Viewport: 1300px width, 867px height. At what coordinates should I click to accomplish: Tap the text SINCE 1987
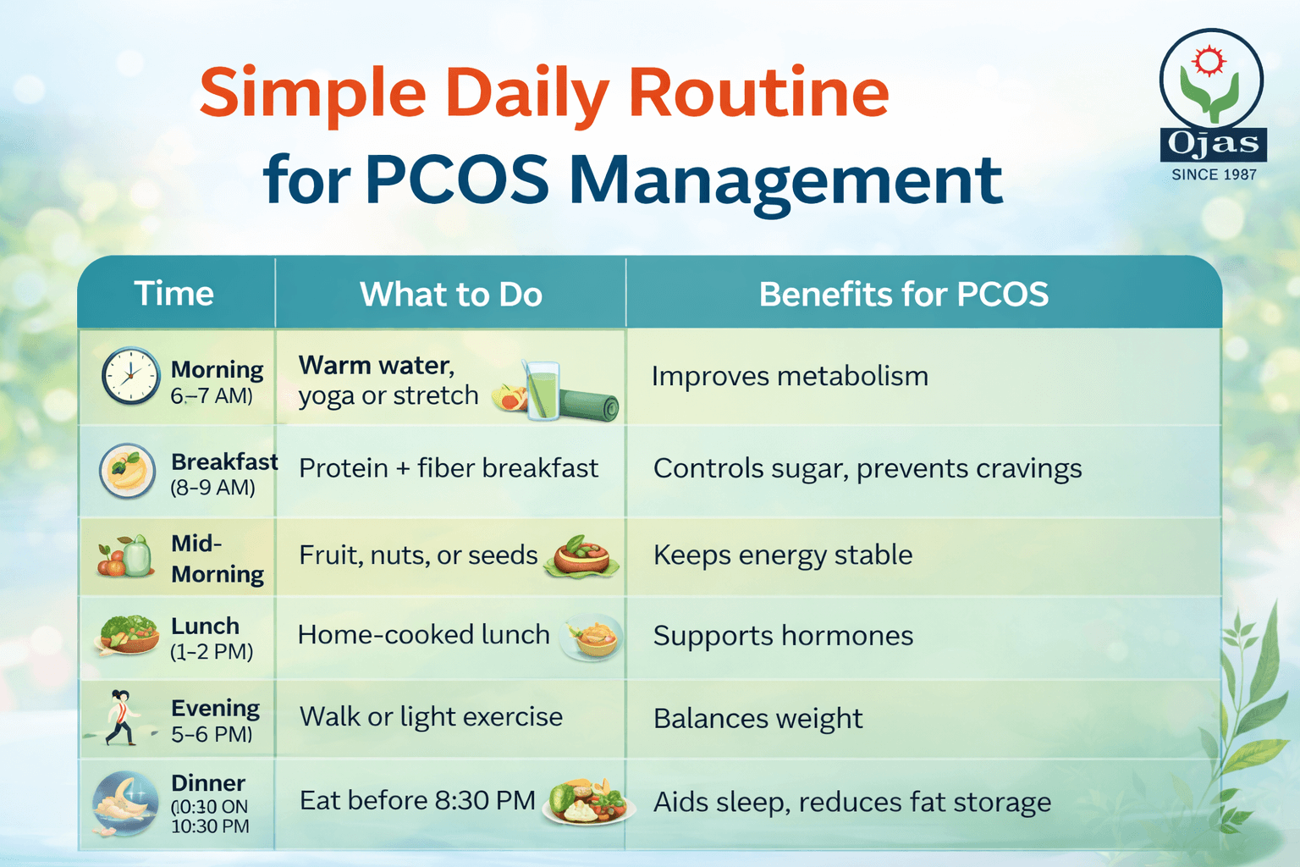(1214, 174)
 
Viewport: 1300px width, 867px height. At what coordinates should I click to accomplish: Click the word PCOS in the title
(457, 180)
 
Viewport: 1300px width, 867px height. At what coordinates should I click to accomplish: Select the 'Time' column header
(174, 294)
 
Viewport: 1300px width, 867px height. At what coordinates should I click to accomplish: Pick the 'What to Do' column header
(450, 295)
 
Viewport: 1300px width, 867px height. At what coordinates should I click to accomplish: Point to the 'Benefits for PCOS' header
(903, 295)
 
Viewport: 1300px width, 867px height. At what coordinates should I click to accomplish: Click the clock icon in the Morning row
(130, 376)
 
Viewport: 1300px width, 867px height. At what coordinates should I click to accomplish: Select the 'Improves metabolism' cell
(790, 376)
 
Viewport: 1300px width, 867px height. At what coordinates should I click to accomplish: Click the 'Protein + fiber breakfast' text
(449, 468)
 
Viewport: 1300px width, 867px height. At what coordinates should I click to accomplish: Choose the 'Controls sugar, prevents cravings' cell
(868, 468)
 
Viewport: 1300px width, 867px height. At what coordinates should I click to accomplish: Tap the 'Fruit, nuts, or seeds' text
(418, 555)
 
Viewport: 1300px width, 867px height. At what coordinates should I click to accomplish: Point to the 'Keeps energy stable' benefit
(783, 555)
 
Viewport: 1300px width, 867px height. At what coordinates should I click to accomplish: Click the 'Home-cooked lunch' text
(423, 635)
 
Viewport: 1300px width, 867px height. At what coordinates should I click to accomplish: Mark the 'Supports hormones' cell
(783, 636)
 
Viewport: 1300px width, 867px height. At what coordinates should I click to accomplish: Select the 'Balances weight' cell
(757, 719)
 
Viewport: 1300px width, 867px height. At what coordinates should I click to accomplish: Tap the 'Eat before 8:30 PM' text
(417, 801)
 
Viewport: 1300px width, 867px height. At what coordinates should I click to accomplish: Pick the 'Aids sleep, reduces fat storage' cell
(852, 802)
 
